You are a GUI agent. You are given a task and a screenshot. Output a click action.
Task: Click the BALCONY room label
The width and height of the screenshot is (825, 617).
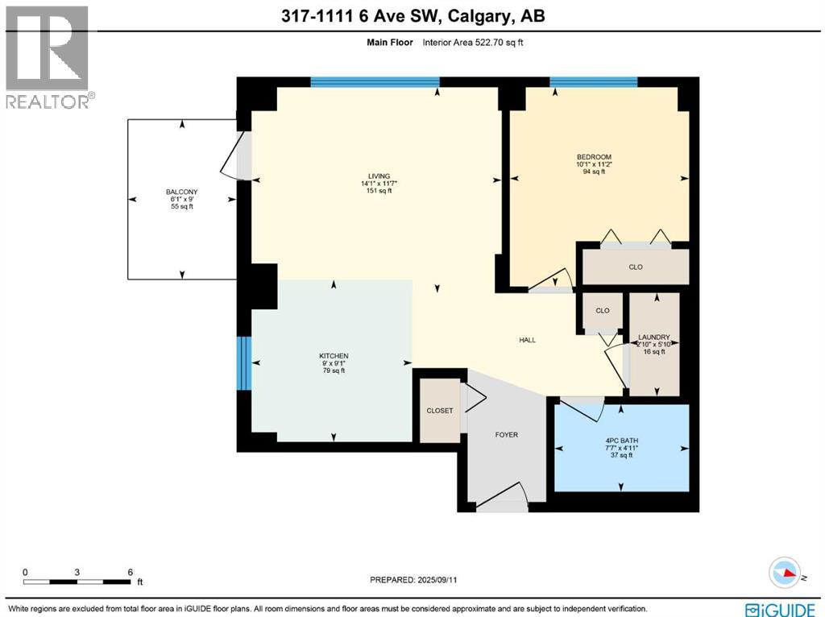181,193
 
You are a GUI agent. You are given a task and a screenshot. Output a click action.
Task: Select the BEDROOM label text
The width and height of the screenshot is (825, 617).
594,157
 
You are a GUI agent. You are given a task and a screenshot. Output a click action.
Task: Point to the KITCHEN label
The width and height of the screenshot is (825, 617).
333,356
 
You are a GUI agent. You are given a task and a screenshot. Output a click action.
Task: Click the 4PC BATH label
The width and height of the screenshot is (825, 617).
621,441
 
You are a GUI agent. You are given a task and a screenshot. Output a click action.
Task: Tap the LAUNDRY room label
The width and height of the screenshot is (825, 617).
653,337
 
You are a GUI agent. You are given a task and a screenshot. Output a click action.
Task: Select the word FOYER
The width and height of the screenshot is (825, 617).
506,435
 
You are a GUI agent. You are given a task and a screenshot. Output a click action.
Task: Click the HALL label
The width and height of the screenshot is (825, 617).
527,340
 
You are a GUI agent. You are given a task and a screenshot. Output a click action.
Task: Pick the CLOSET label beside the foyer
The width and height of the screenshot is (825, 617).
440,411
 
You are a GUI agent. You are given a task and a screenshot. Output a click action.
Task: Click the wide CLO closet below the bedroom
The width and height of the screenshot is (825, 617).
636,267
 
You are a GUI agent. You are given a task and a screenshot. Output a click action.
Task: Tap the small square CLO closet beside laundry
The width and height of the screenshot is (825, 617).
602,311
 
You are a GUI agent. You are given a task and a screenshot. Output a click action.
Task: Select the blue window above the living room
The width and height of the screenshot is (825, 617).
375,81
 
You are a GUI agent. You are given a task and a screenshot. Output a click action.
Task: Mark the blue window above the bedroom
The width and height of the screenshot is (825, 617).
594,81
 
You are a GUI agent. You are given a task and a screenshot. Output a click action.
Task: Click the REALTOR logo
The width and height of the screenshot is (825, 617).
48,56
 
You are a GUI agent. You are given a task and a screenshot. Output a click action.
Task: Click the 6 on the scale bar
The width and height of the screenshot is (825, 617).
130,572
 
